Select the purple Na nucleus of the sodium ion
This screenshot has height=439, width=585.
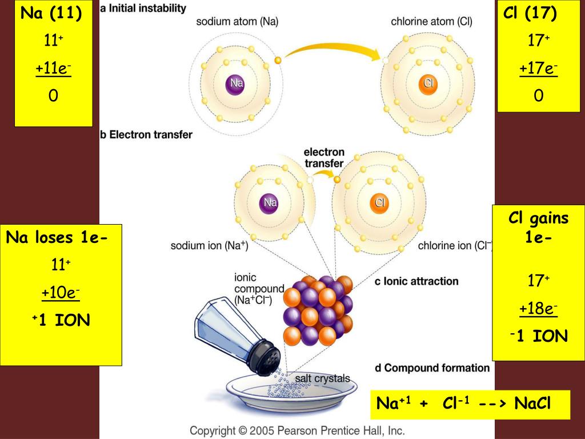(270, 202)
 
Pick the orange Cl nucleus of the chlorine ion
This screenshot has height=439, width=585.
(380, 202)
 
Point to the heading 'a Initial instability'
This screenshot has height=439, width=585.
(143, 8)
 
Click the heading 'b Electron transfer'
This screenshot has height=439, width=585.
(146, 135)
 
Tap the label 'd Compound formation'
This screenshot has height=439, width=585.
(432, 368)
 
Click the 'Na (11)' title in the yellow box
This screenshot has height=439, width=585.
(51, 13)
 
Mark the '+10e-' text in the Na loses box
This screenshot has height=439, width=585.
(60, 293)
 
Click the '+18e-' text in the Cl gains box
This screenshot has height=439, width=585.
(538, 309)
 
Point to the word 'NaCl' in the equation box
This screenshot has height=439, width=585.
(532, 404)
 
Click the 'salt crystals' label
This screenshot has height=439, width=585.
(322, 379)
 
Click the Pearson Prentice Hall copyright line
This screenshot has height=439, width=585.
(297, 430)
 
